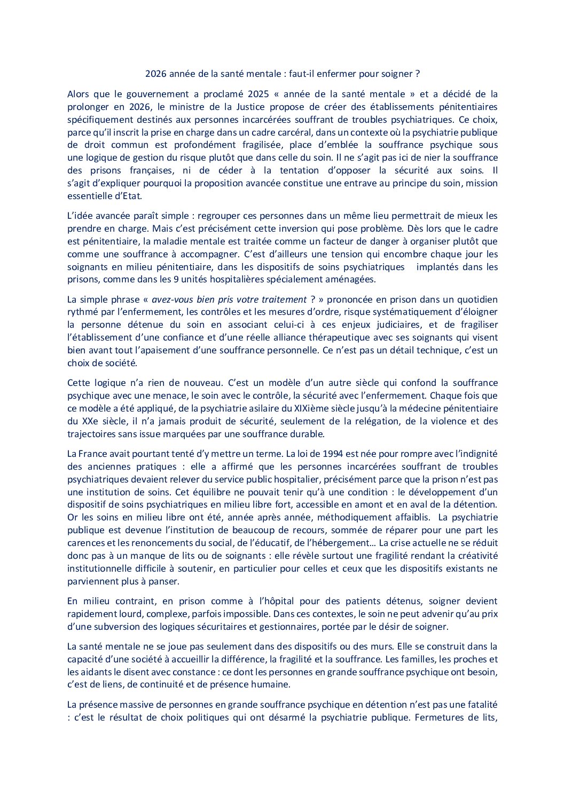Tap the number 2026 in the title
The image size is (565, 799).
pyautogui.click(x=156, y=74)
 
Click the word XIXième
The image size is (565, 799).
pyautogui.click(x=310, y=408)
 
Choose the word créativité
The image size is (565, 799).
pyautogui.click(x=475, y=556)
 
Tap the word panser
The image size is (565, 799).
pyautogui.click(x=164, y=581)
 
